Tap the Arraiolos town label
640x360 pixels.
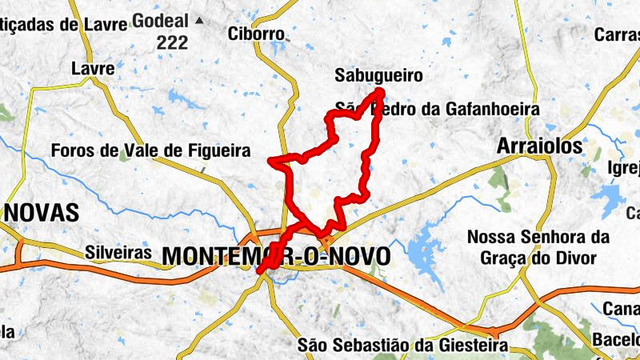539,146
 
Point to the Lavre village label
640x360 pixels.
93,68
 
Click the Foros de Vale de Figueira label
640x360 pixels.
150,150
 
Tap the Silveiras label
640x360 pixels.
118,252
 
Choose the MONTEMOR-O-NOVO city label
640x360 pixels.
276,256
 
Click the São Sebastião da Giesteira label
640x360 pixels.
402,345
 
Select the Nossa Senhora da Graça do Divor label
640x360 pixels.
538,247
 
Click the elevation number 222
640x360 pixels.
172,44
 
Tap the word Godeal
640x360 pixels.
163,20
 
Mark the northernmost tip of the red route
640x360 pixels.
379,92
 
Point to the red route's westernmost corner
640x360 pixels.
272,161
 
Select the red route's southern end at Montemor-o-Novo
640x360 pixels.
260,271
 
